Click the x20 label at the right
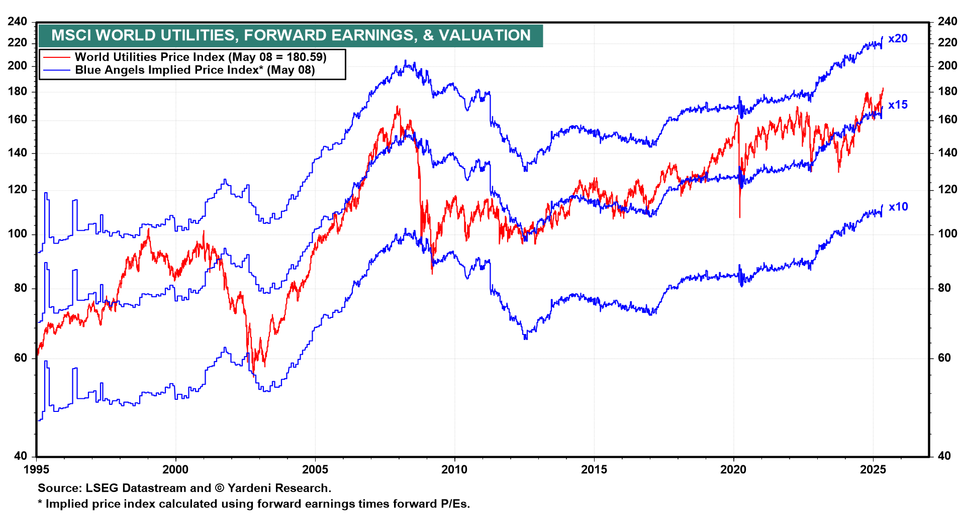pos(898,39)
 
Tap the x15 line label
pos(898,105)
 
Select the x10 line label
pos(898,207)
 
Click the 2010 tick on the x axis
pos(454,470)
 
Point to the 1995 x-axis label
pos(37,470)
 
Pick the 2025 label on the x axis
pos(873,470)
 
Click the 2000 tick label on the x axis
pos(175,470)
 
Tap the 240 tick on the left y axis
pos(18,22)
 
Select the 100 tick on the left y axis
pos(18,234)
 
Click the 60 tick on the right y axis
pos(944,358)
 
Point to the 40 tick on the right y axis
pos(944,456)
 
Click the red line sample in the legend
pos(56,57)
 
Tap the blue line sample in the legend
pos(56,70)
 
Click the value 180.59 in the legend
pos(305,57)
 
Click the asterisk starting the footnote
pos(40,503)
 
